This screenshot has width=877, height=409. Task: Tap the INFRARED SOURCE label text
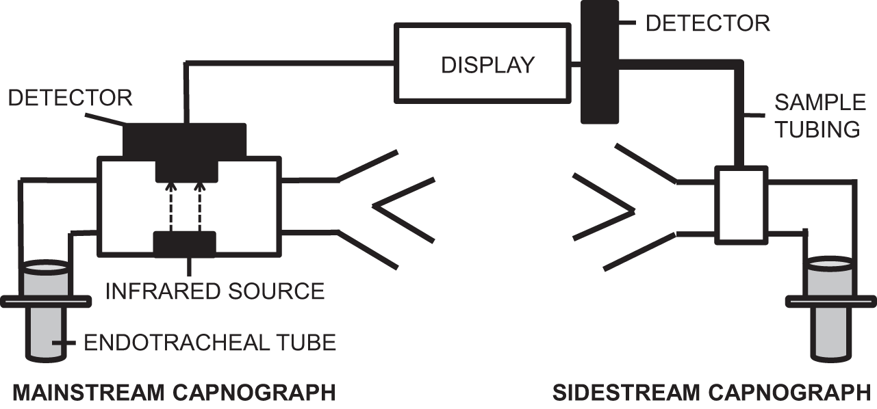tap(214, 291)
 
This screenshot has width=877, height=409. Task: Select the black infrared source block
tap(185, 244)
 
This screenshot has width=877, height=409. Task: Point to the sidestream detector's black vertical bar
tap(594, 62)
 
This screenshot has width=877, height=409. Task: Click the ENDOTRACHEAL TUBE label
tap(209, 342)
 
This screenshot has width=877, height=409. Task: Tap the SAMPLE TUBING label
tap(819, 116)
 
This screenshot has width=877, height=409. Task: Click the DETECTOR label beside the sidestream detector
tap(707, 23)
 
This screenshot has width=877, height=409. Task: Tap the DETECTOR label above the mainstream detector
tap(70, 97)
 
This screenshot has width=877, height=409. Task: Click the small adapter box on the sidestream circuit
tap(740, 204)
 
